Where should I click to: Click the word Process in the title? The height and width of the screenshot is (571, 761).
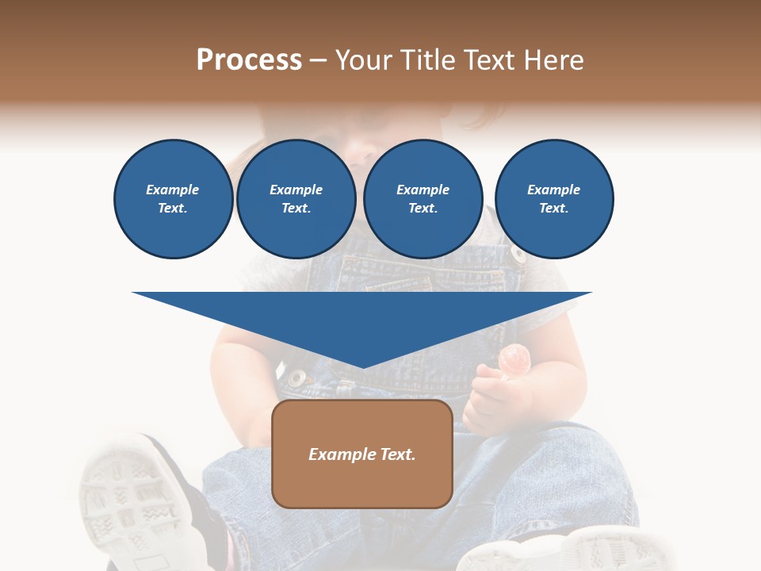[249, 60]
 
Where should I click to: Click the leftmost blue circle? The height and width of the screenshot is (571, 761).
[173, 199]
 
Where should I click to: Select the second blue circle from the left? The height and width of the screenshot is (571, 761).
[296, 199]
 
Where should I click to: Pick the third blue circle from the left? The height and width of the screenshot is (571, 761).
[423, 199]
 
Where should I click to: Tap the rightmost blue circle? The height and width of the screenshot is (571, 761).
[553, 199]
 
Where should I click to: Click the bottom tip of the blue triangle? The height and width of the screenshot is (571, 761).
[363, 366]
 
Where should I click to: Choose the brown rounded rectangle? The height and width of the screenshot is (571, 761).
[362, 484]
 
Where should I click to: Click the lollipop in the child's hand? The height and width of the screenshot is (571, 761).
[515, 358]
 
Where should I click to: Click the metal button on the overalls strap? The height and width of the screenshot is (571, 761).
[518, 255]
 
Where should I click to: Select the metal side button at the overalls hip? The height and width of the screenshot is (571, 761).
[296, 378]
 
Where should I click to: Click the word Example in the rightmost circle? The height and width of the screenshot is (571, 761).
[553, 190]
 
